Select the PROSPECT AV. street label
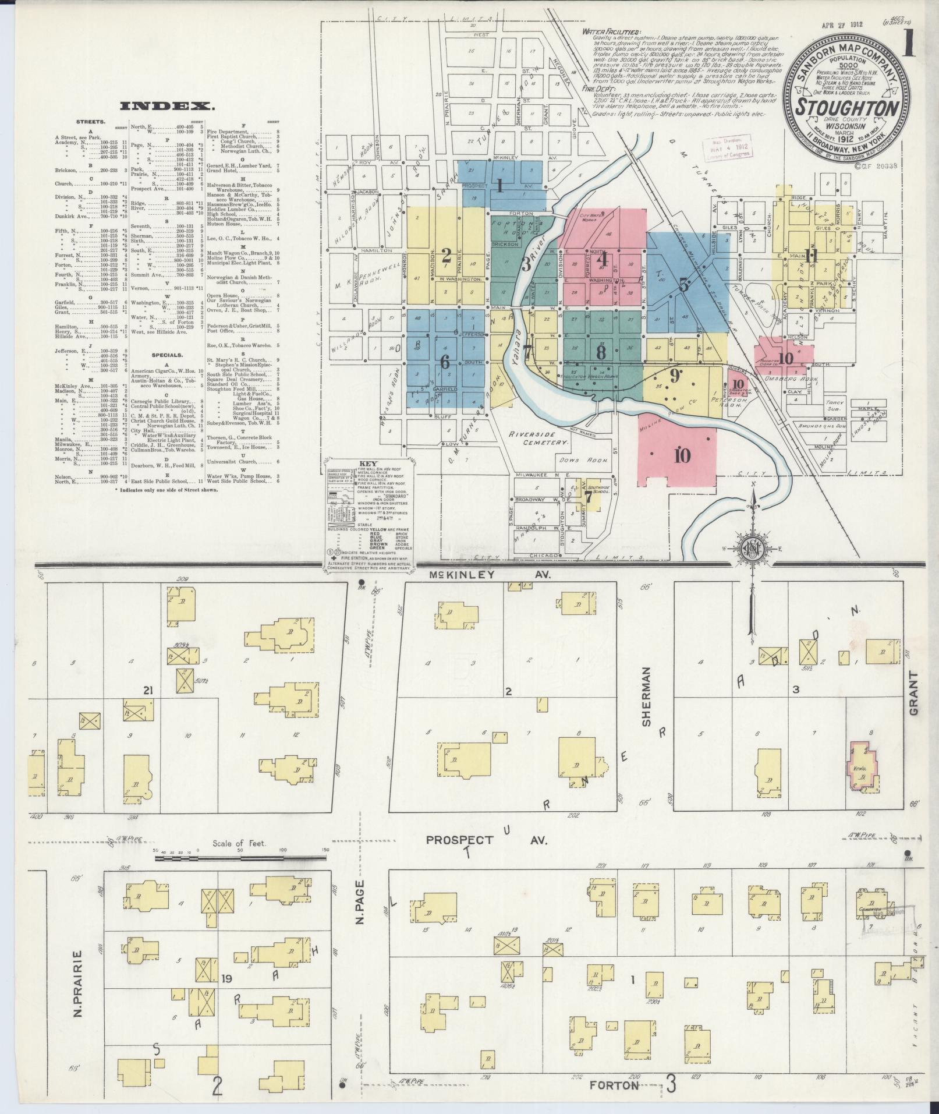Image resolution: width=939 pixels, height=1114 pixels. pyautogui.click(x=487, y=840)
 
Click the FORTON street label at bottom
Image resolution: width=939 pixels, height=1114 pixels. pyautogui.click(x=614, y=1085)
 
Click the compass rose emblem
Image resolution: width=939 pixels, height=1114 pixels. pyautogui.click(x=752, y=547)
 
